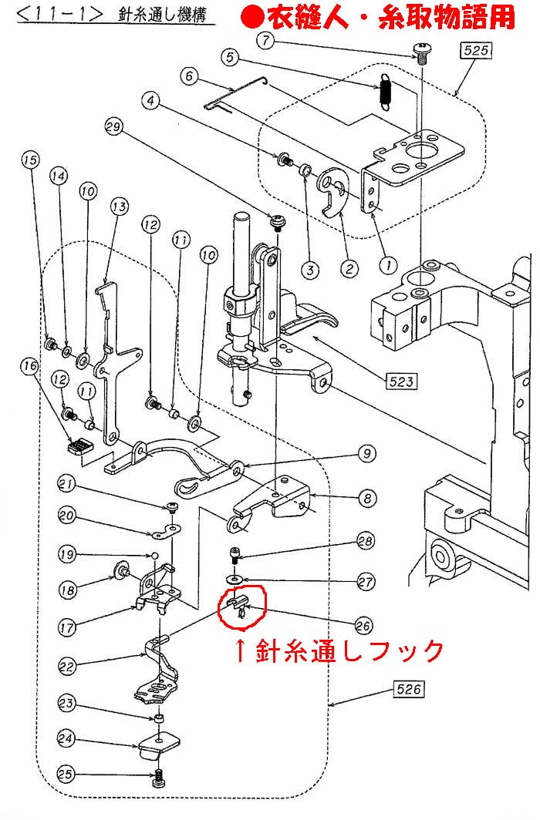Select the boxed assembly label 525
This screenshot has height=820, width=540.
tap(475, 52)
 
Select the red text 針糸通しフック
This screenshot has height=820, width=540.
tap(339, 651)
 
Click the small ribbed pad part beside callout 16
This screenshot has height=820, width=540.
tap(79, 445)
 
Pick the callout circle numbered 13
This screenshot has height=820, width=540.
tap(118, 207)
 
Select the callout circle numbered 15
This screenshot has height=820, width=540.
tap(29, 160)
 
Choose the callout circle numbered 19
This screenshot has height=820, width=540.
tap(66, 554)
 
